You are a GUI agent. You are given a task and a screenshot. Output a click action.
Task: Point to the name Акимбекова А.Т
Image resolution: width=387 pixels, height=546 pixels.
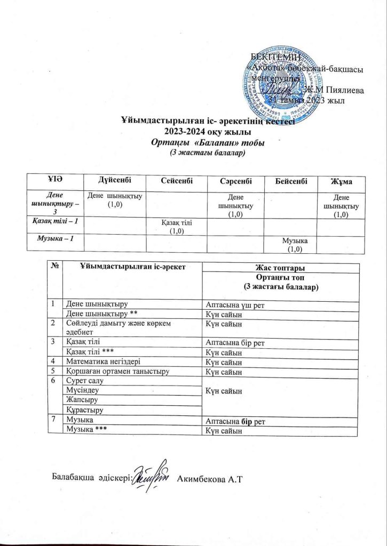coord(209,476)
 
